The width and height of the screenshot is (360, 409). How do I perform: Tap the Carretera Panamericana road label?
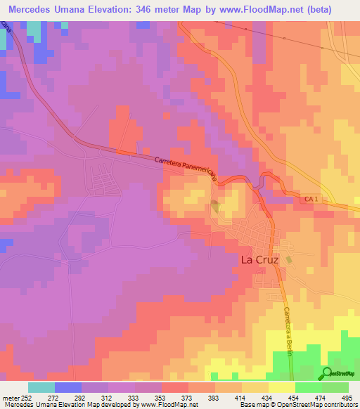tap(186, 169)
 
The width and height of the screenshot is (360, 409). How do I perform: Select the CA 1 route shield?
tap(311, 201)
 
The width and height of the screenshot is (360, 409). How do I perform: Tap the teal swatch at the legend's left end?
tap(41, 387)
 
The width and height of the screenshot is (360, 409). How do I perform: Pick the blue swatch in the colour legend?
tap(67, 387)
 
